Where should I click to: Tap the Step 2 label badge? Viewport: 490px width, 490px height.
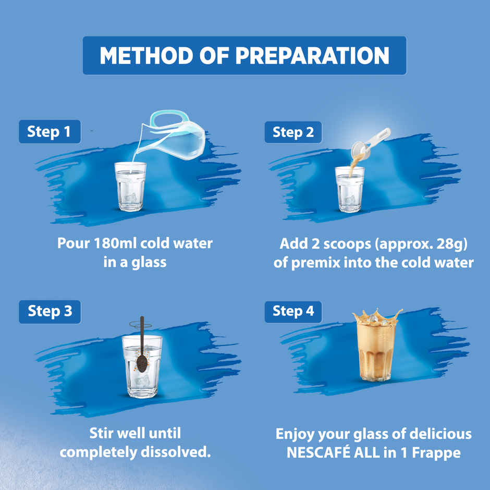pos(293,132)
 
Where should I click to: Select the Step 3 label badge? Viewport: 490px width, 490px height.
pos(50,311)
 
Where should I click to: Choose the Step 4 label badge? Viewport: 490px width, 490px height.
pos(293,311)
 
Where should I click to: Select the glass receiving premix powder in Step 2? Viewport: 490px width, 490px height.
pos(350,190)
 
